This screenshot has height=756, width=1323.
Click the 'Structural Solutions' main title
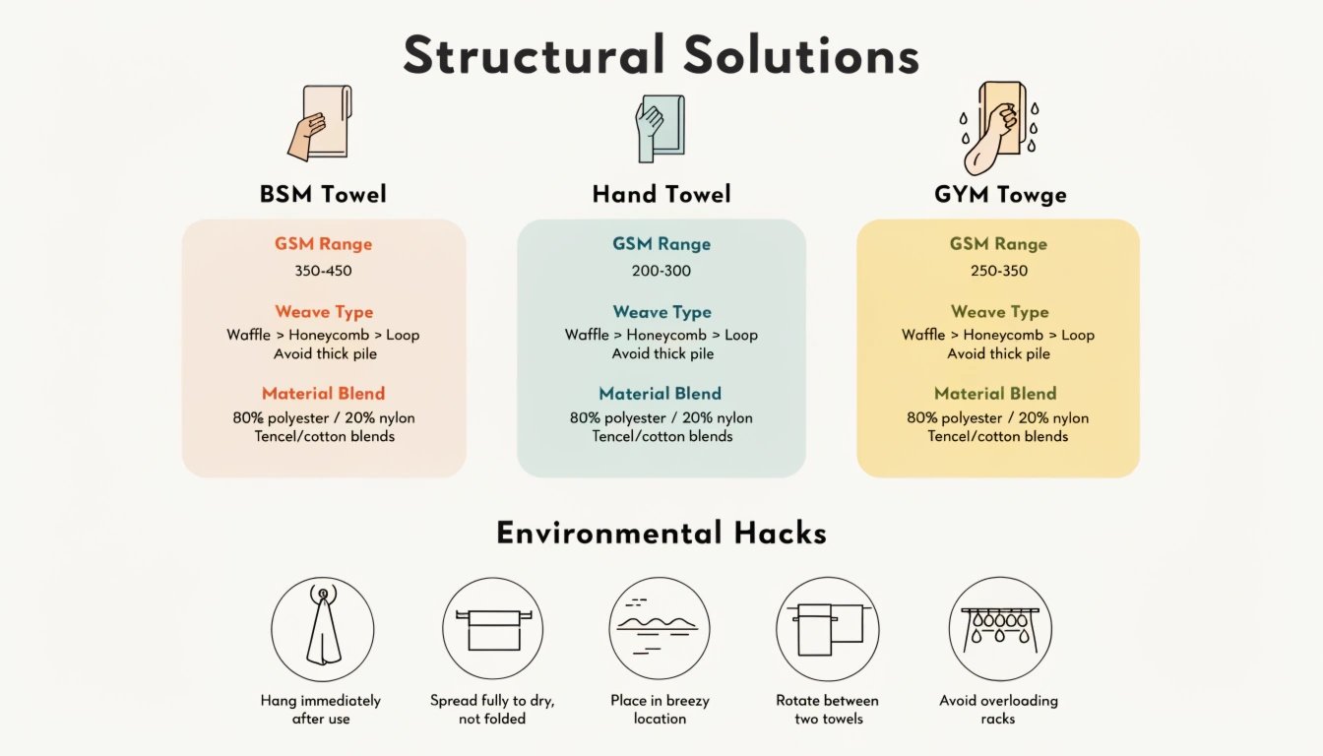661,54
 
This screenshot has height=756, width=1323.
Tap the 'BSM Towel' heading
323,194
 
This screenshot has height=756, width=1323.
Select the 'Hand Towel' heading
661,194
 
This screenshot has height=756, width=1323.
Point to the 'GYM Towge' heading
1000,195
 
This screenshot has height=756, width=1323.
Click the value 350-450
323,271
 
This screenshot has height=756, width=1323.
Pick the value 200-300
661,271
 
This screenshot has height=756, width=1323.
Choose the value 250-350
999,271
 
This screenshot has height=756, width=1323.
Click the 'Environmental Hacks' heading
661,533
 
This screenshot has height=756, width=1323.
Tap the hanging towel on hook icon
323,629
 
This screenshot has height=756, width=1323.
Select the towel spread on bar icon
492,629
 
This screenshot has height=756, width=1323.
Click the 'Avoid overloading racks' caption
998,710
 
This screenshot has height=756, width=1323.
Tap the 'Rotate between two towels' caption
828,710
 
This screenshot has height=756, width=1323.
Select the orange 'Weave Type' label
324,312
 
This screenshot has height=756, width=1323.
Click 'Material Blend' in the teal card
660,394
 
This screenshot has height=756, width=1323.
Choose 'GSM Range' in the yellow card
998,244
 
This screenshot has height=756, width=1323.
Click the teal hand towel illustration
661,128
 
